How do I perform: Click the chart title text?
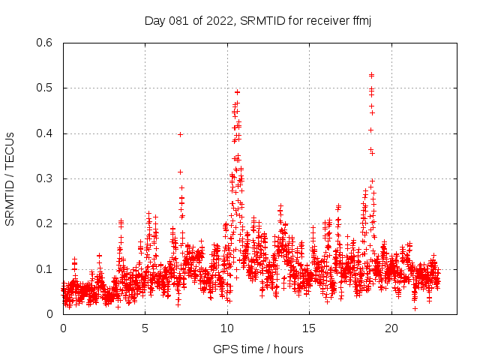point(258,20)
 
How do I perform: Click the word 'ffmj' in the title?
point(361,20)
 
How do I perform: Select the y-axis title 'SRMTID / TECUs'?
point(10,178)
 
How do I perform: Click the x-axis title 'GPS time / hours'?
point(258,349)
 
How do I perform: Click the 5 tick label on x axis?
point(145,328)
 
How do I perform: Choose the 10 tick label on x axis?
point(227,328)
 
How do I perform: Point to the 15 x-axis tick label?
point(310,328)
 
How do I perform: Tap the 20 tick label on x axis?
point(391,328)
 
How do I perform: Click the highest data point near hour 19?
point(371,75)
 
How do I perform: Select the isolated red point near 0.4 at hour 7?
point(180,134)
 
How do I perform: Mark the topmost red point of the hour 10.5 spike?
point(237,92)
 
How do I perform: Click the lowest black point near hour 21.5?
point(415,308)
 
